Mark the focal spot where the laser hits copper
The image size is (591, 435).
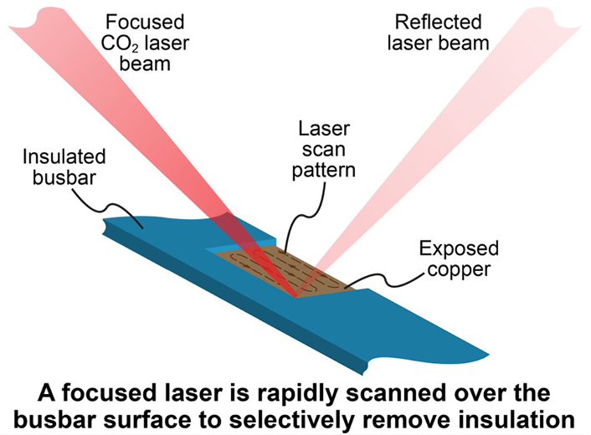coord(295,294)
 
